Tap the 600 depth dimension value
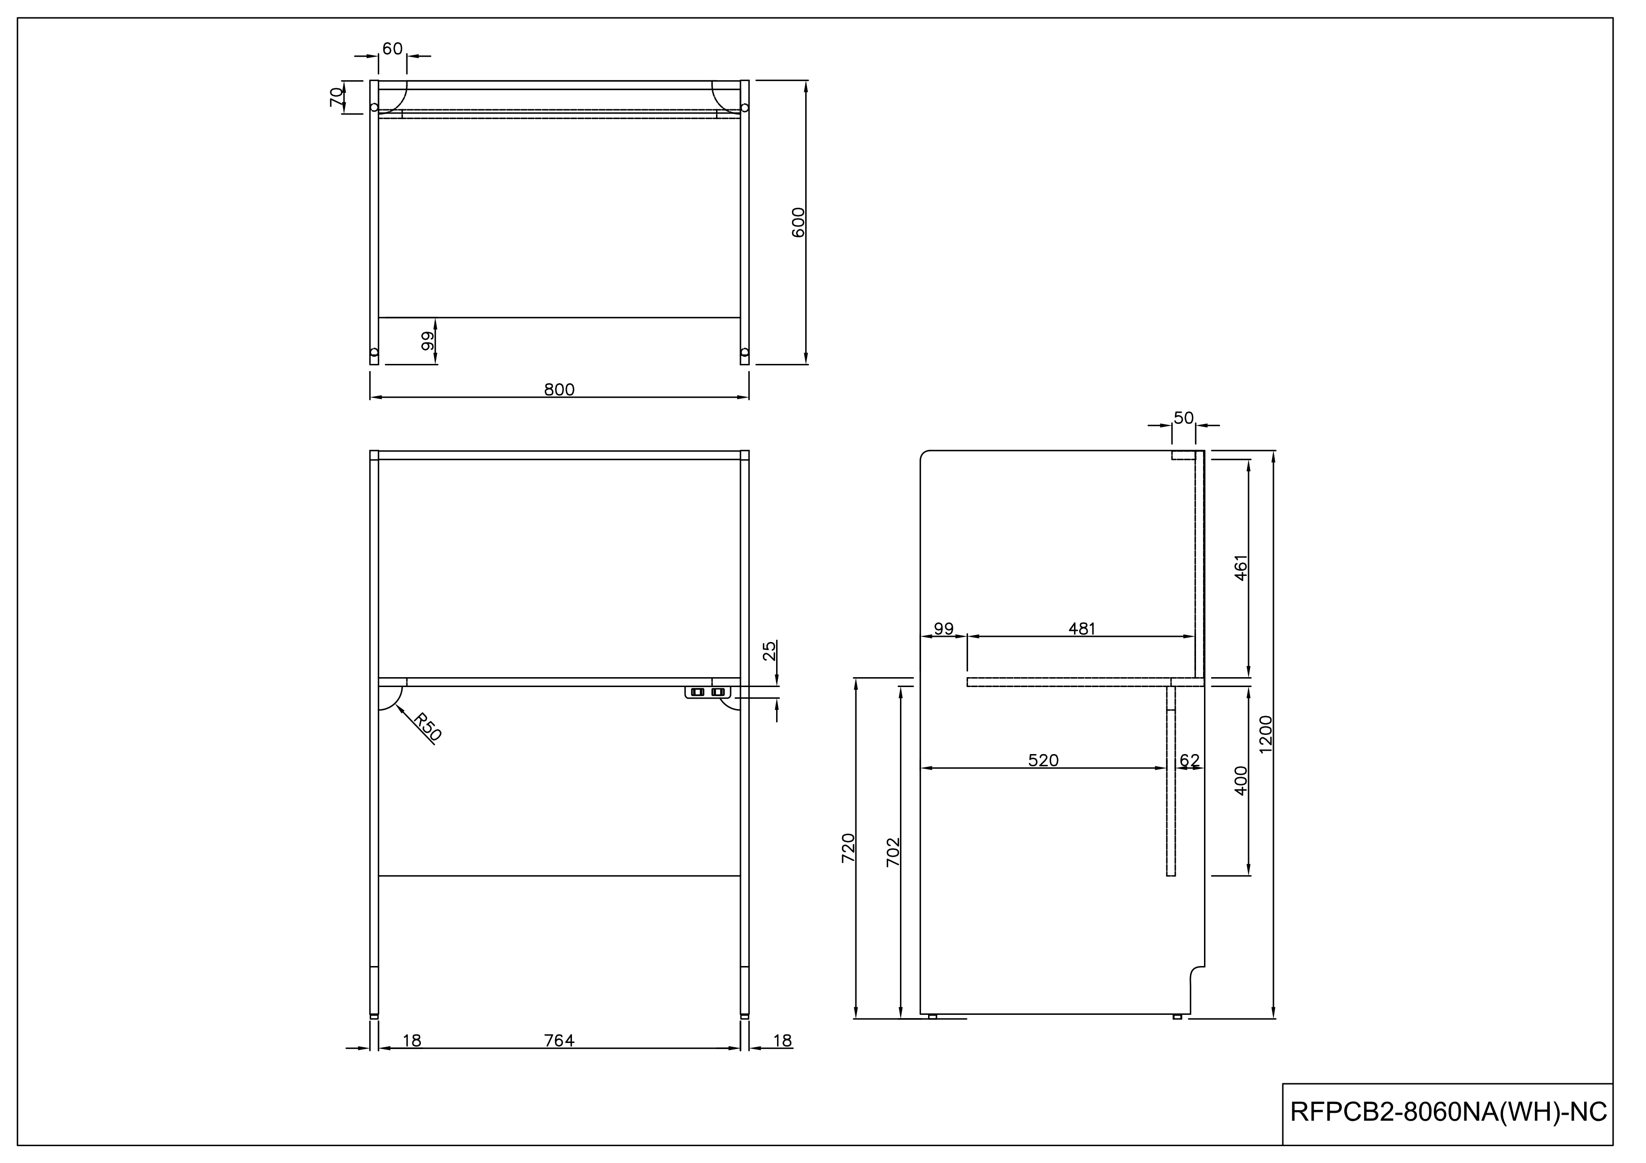(x=799, y=222)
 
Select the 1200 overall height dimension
(x=1265, y=734)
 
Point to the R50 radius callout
(x=428, y=726)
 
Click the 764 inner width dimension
(x=559, y=1041)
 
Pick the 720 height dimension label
(x=848, y=848)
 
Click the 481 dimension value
(x=1082, y=629)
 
